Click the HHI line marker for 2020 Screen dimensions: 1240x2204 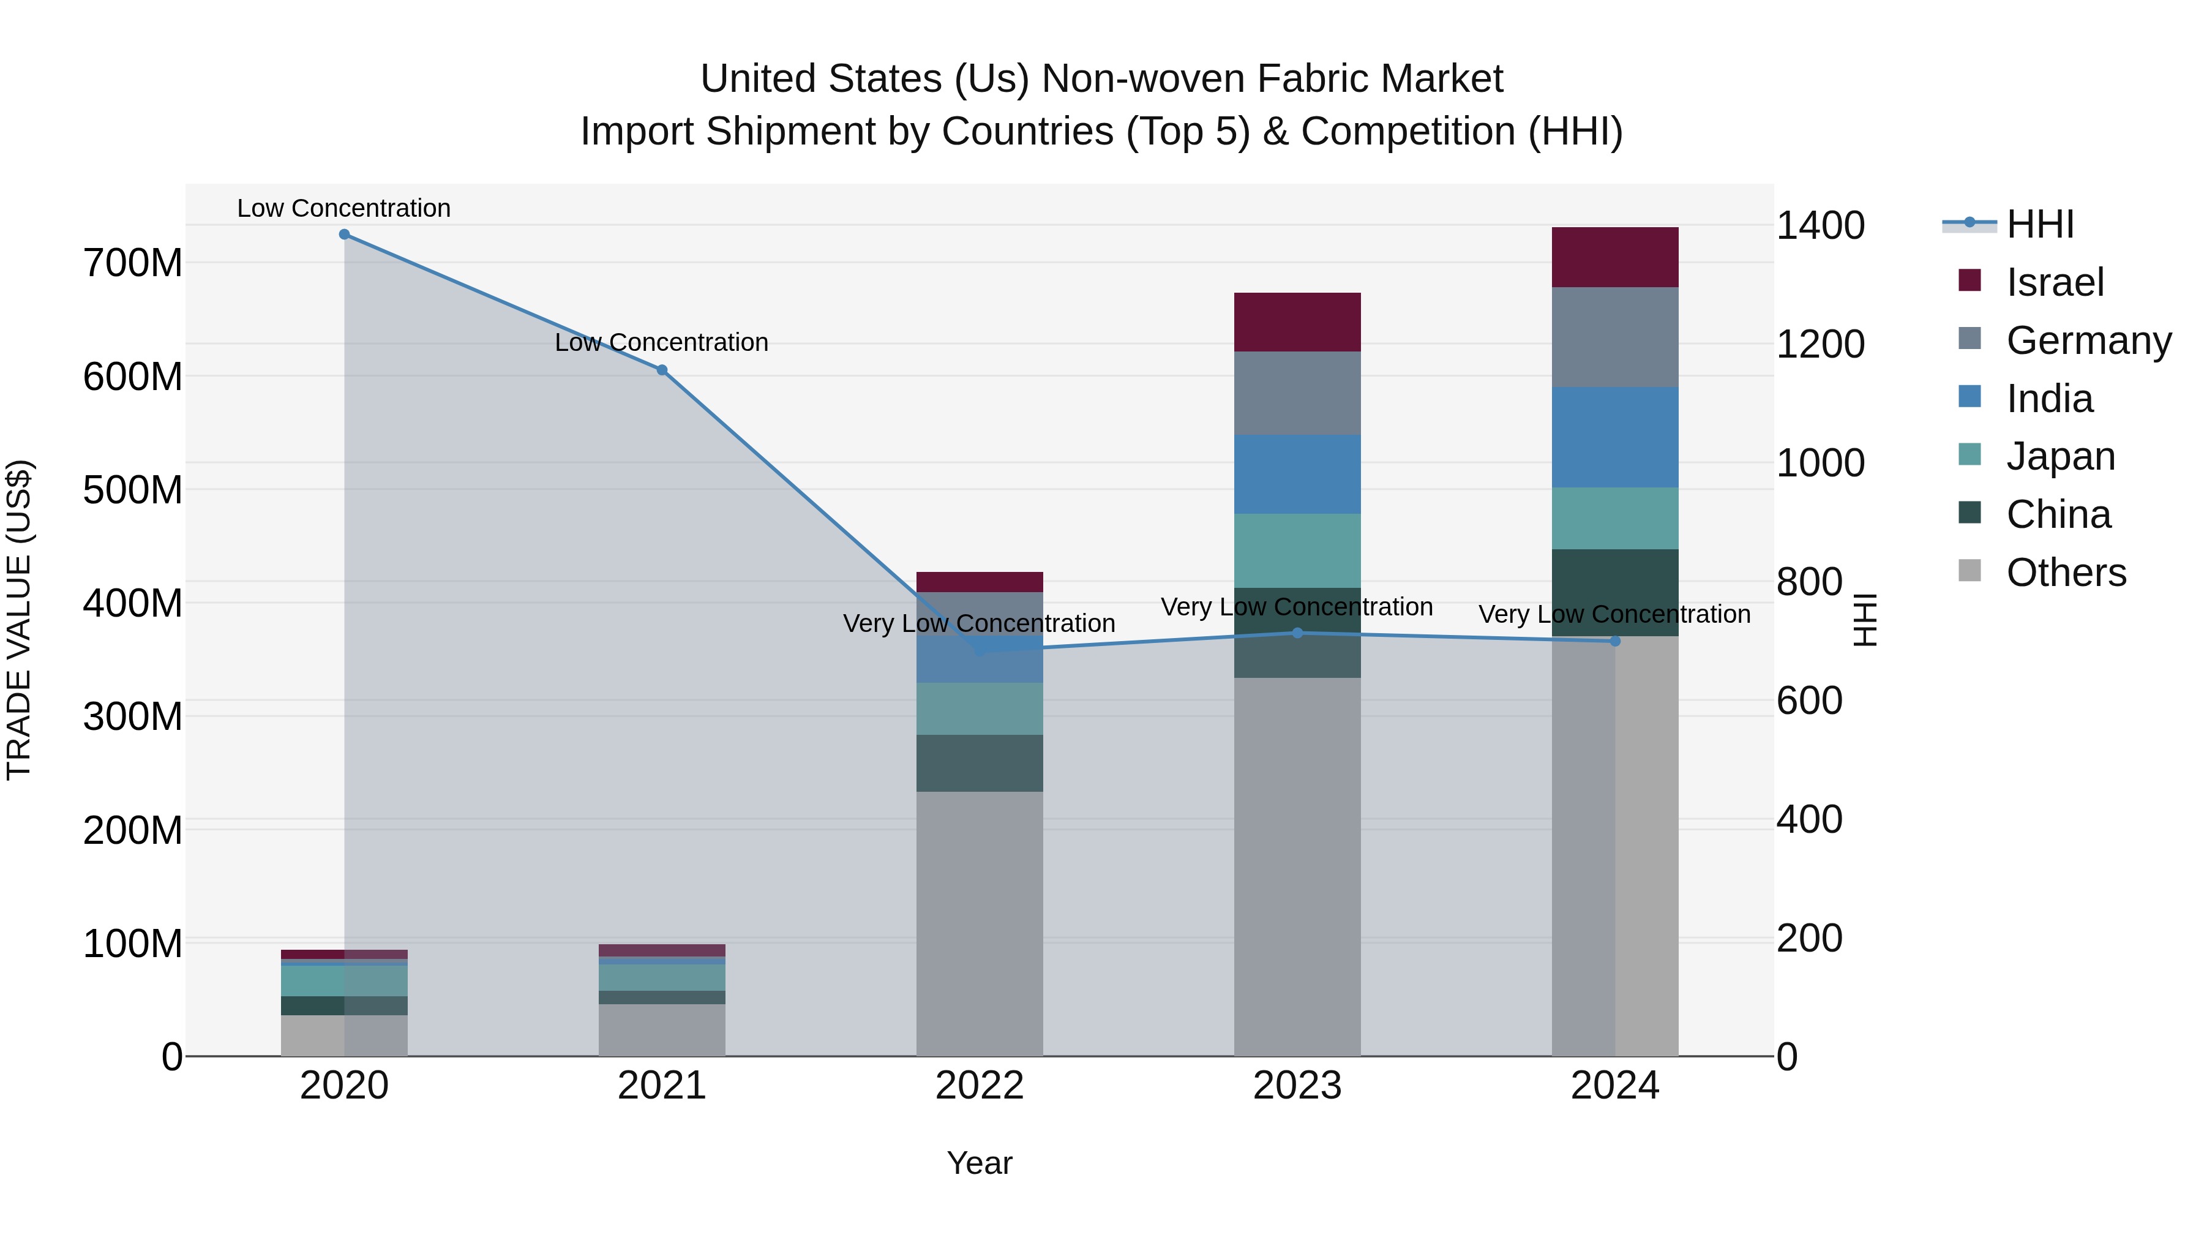click(344, 235)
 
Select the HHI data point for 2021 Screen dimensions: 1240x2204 click(661, 370)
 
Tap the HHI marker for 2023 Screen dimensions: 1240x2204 click(1297, 633)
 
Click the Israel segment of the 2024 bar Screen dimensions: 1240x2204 click(1614, 258)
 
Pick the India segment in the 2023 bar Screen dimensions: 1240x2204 click(1297, 474)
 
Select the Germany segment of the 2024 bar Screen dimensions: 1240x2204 click(1614, 337)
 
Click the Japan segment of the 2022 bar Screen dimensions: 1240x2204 click(980, 708)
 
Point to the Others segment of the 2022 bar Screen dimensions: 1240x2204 click(980, 924)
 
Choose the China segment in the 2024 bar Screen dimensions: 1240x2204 click(1614, 592)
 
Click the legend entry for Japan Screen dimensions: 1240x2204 click(2060, 456)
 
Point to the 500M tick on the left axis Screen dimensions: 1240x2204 click(133, 490)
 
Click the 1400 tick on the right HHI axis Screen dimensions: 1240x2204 click(1821, 226)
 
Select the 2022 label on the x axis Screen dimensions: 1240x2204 click(980, 1086)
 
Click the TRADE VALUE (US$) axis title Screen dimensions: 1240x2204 click(19, 620)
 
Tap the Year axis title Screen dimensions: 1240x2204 click(980, 1163)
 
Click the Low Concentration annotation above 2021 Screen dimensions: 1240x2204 click(661, 342)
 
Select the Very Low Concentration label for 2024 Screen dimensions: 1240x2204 click(1614, 614)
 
